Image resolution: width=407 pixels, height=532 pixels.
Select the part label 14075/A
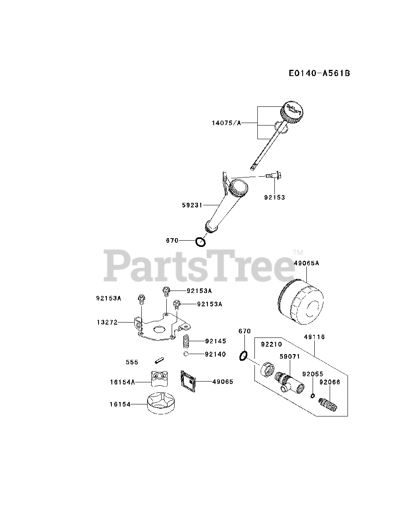[x=226, y=123]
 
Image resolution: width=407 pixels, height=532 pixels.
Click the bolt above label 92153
[x=273, y=177]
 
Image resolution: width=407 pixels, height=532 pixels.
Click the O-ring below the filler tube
[x=201, y=241]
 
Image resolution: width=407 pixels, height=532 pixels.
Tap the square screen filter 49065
[x=188, y=381]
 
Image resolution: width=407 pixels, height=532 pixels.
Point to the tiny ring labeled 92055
[x=312, y=395]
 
